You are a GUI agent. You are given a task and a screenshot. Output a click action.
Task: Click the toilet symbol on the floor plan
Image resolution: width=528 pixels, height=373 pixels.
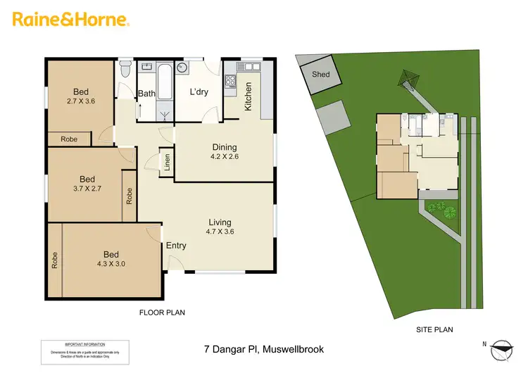coord(125,70)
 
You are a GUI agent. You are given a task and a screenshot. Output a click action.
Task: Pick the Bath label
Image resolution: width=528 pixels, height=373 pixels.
coord(146,94)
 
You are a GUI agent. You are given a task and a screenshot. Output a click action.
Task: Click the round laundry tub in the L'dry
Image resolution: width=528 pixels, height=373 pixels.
coord(182,68)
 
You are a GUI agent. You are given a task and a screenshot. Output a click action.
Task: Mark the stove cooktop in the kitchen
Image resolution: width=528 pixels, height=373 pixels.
coord(231,80)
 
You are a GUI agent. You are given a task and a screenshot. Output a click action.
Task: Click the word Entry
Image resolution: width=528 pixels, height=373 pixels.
coord(176,246)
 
